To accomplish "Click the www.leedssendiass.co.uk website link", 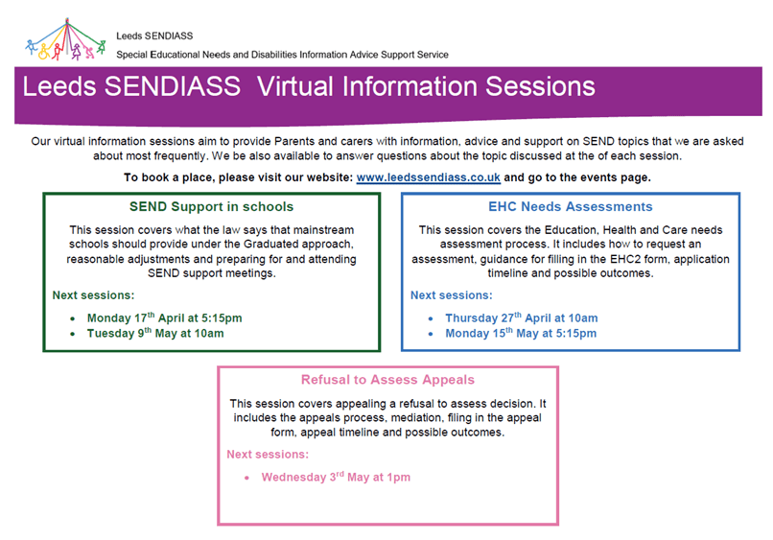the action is [428, 177].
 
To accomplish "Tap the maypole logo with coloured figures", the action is [65, 39].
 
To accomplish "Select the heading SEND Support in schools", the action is [212, 206].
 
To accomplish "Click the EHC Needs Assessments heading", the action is [571, 206].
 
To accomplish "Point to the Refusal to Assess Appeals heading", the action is [388, 380].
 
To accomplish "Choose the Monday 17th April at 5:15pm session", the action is [165, 318].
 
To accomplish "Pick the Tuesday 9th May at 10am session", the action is [155, 334].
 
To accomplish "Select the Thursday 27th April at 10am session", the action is [522, 318].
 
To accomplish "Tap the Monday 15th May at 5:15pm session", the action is [521, 334].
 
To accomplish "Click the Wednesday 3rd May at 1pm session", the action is [336, 477].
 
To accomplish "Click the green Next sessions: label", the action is [93, 295].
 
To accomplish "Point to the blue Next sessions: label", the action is [452, 295].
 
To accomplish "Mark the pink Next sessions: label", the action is [268, 455].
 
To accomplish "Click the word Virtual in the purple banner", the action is [295, 86].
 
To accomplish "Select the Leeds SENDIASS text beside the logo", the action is [154, 36].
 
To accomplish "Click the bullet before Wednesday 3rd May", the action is [246, 478].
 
